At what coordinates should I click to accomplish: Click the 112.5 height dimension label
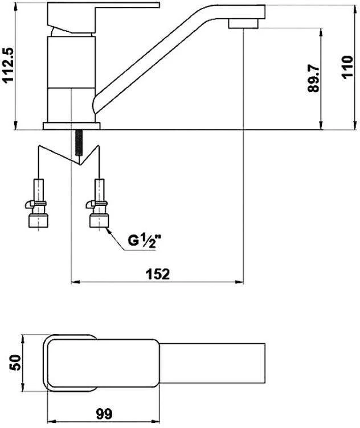pyautogui.click(x=8, y=65)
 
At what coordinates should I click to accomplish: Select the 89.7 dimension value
pyautogui.click(x=313, y=79)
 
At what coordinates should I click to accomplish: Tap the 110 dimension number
pyautogui.click(x=347, y=67)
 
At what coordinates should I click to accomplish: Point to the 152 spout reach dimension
pyautogui.click(x=158, y=274)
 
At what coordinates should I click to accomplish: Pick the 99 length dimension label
pyautogui.click(x=104, y=414)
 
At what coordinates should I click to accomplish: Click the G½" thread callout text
pyautogui.click(x=145, y=241)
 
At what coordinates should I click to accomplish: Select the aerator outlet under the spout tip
pyautogui.click(x=243, y=24)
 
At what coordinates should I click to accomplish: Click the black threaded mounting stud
pyautogui.click(x=79, y=142)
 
